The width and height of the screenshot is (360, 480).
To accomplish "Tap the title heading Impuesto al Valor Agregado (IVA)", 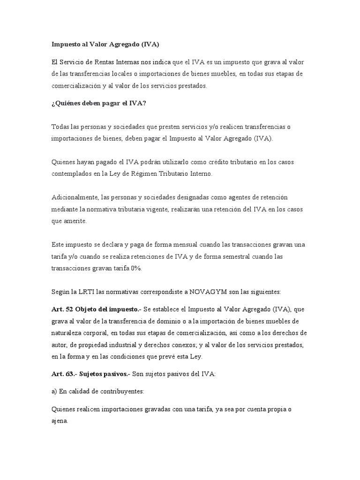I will point(105,45).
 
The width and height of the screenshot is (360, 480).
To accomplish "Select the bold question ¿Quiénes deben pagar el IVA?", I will point(99,104).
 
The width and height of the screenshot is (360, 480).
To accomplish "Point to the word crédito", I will point(208,162).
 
